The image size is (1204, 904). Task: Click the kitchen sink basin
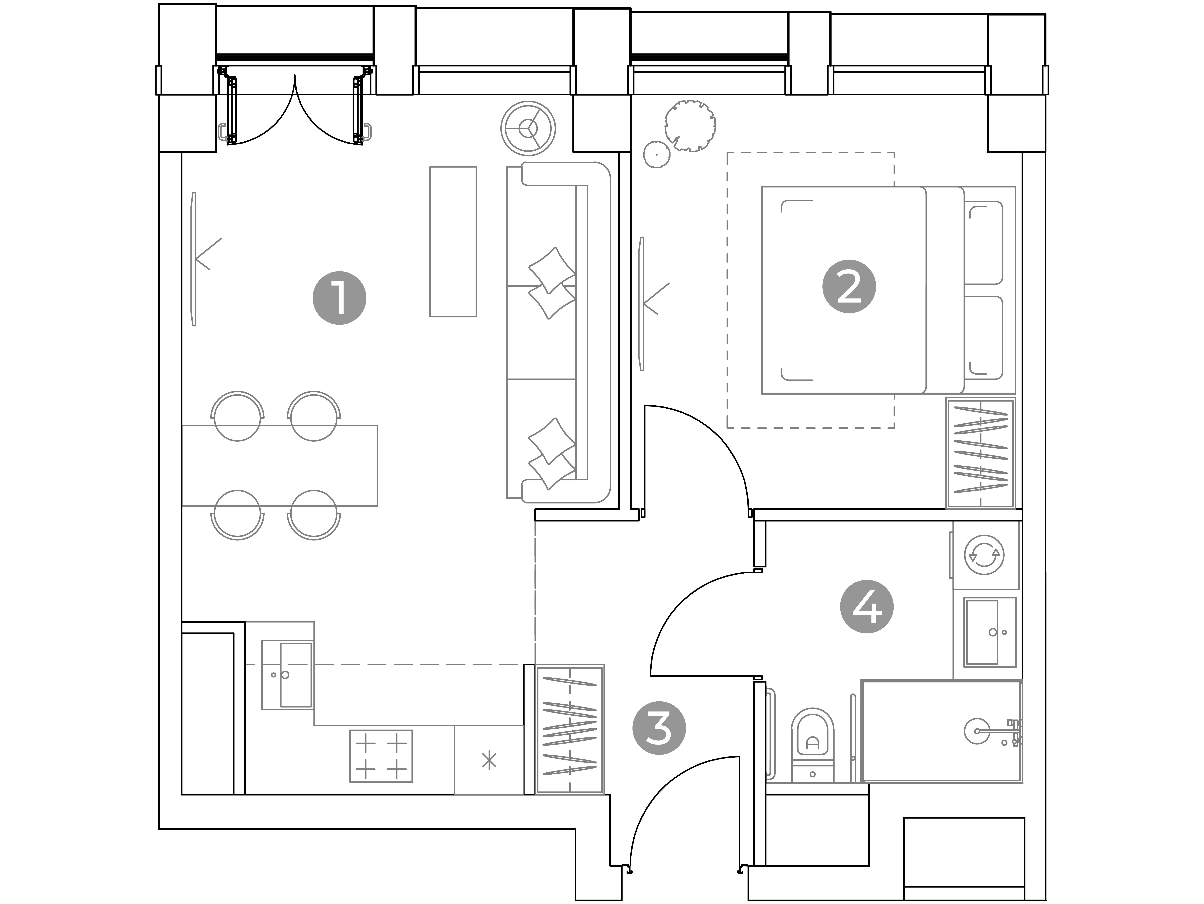(296, 675)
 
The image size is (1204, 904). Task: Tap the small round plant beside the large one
(656, 155)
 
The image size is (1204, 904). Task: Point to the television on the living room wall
(194, 259)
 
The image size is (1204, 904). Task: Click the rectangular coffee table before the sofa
(453, 242)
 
